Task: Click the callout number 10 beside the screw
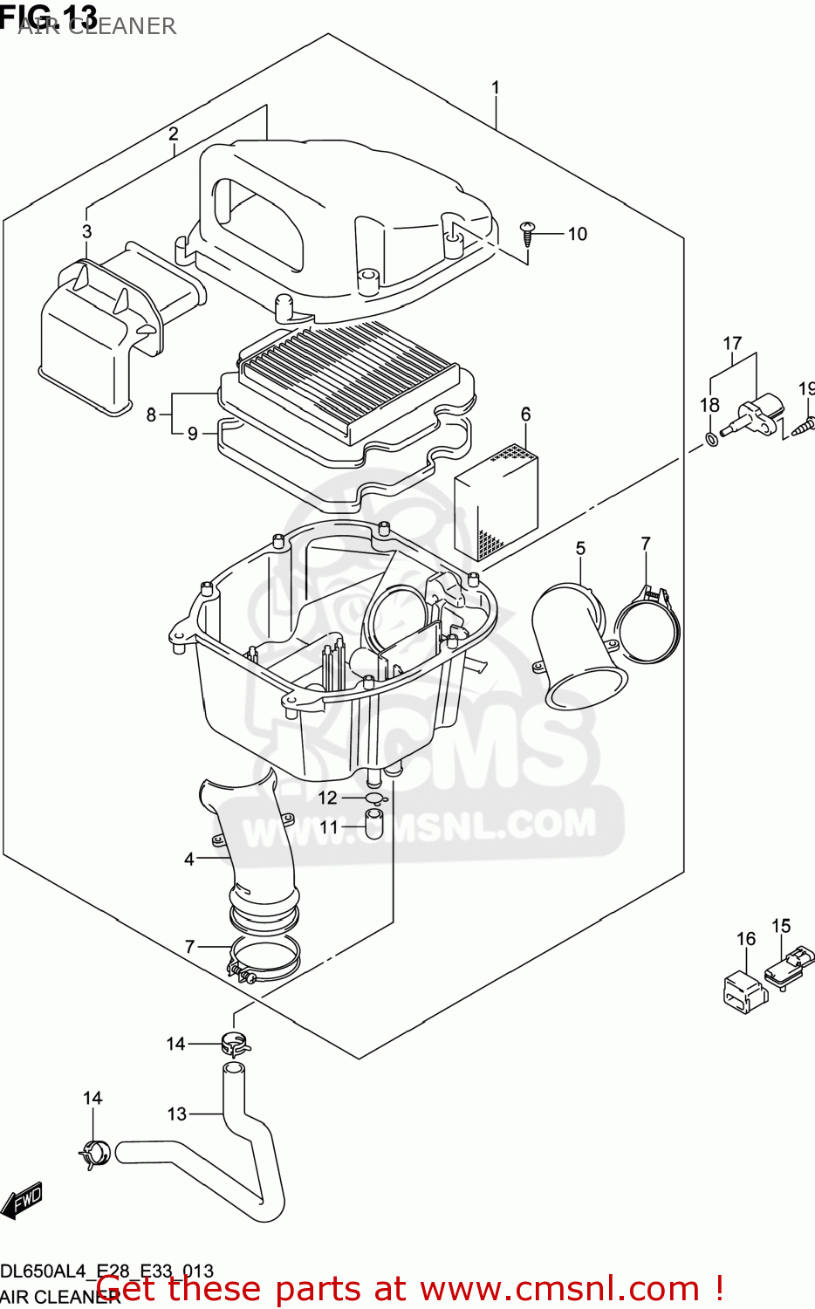577,234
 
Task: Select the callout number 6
525,414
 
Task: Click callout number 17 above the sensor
732,344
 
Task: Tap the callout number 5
580,548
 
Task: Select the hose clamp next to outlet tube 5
648,621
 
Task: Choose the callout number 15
781,926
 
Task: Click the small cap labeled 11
373,823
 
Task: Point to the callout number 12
327,798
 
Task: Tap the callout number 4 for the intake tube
188,859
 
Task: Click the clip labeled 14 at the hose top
234,1041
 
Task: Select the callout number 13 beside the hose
176,1114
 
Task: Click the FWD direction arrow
22,1201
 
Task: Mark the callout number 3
86,231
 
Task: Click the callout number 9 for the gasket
192,434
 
